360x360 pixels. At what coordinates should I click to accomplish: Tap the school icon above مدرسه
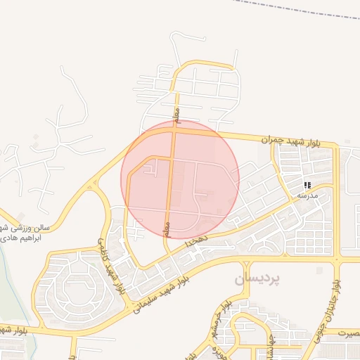[x=307, y=185]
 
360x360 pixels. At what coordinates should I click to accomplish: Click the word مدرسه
[x=309, y=195]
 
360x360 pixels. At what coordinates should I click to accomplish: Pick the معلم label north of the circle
[x=178, y=112]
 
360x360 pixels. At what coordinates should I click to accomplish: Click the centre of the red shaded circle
[x=180, y=179]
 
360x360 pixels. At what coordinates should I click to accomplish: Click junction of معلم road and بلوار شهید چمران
[x=175, y=129]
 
